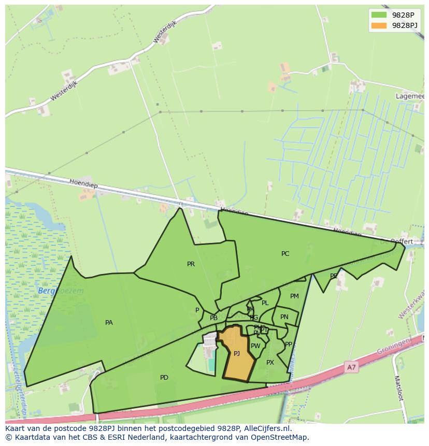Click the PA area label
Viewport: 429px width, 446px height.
pos(109,323)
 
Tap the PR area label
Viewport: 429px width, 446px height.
pos(191,264)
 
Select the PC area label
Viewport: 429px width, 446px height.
pos(285,254)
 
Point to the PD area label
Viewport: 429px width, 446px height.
pos(164,378)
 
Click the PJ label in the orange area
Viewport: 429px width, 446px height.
pos(237,354)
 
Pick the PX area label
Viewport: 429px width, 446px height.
pos(270,363)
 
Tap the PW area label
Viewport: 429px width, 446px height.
pos(255,346)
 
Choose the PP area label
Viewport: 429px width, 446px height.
pos(289,344)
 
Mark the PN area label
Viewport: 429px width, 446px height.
pos(284,317)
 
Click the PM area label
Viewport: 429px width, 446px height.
pos(294,296)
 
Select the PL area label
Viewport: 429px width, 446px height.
pos(265,303)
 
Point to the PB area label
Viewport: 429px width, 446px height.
pos(213,318)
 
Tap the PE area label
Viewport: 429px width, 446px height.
pos(334,276)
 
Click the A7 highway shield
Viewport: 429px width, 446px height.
pos(351,367)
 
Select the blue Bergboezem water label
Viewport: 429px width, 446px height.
pos(60,291)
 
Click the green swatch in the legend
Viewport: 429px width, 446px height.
pos(379,15)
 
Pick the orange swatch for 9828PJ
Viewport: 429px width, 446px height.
pos(379,25)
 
